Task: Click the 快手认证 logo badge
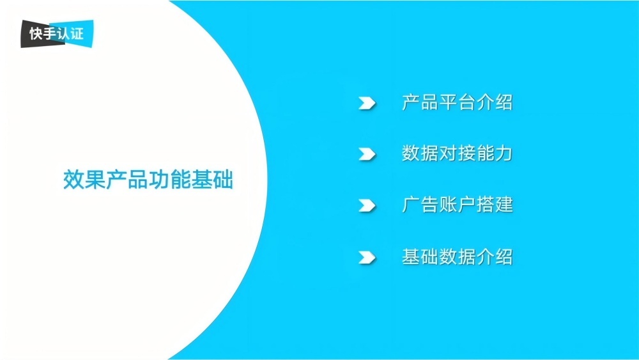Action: click(x=57, y=33)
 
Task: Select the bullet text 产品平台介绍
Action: click(x=457, y=102)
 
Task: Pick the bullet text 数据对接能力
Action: click(x=457, y=154)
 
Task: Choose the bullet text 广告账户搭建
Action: click(x=457, y=205)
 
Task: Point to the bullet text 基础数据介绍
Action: click(x=457, y=257)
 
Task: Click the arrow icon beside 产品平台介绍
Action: click(x=367, y=103)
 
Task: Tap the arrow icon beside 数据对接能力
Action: click(x=367, y=154)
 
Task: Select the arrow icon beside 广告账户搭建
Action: click(x=367, y=206)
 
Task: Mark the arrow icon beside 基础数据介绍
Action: click(x=367, y=258)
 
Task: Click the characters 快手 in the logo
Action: click(x=43, y=34)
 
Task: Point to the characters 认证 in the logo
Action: click(x=71, y=33)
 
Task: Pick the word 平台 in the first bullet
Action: click(x=457, y=102)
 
